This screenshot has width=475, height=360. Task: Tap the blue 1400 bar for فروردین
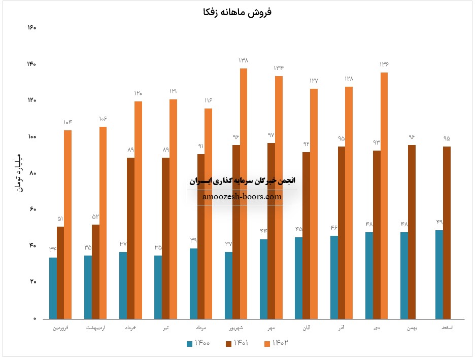pos(53,288)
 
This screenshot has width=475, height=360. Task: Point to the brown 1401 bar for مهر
pos(272,231)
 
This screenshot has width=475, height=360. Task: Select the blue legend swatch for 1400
pos(190,343)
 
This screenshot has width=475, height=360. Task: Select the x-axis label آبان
pos(306,329)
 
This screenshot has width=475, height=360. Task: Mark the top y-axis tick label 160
pos(31,27)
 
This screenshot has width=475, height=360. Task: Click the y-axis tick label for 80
pos(32,173)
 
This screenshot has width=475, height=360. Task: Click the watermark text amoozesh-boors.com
pos(242,197)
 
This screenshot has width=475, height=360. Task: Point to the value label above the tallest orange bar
pos(244,61)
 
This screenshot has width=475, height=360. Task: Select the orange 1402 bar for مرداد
pos(208,213)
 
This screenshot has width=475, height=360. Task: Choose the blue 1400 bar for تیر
pos(158,287)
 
